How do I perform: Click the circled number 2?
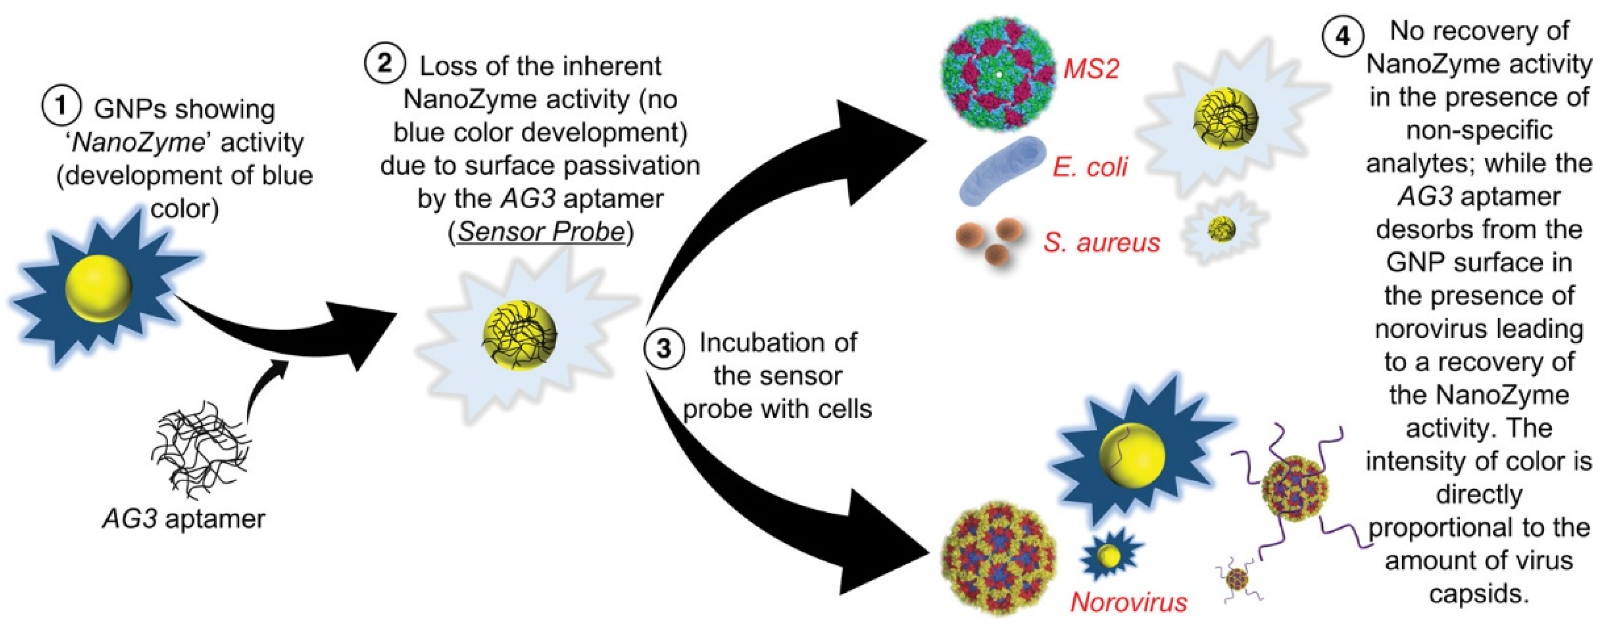384,64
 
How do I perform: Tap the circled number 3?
664,347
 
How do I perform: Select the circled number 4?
1343,36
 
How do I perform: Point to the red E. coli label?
1090,167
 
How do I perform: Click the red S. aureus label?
1102,242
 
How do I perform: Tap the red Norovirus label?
1128,602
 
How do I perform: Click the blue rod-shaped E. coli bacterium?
1001,170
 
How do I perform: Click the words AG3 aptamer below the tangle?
184,519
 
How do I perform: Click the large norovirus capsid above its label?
999,557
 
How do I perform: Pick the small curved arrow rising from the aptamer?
264,390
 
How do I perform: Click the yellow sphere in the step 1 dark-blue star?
99,288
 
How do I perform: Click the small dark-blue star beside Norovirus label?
1110,556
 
